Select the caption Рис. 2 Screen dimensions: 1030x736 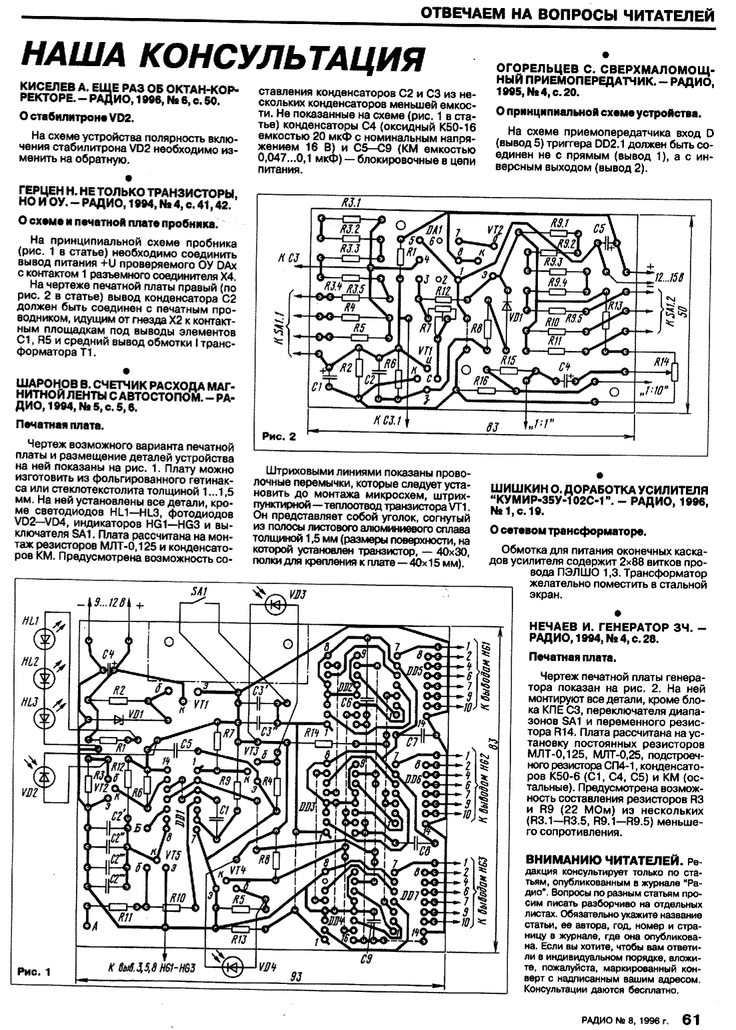click(277, 437)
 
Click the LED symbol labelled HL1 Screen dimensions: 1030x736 click(45, 639)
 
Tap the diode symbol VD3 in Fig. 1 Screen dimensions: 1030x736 click(274, 604)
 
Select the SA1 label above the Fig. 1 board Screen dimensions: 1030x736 click(199, 591)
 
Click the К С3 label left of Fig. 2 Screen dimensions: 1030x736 click(288, 258)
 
